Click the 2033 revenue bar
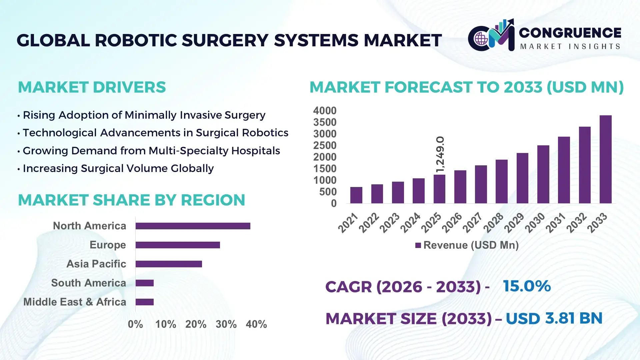pos(605,159)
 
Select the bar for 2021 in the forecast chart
pos(356,195)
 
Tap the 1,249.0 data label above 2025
pos(440,154)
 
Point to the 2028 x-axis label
pos(494,222)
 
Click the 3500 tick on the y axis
pos(324,122)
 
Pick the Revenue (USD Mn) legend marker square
pos(418,245)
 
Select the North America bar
pos(193,226)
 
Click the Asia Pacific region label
pos(96,264)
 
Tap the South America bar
pos(144,283)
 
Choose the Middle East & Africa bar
pos(144,302)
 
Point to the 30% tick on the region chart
pos(226,324)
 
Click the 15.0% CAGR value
pos(527,286)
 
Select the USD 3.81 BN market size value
pos(554,318)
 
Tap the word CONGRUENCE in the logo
pos(570,33)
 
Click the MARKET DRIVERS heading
pos(92,87)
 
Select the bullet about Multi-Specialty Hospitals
pos(151,151)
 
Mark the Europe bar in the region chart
pos(178,245)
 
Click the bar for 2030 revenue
pos(543,174)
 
